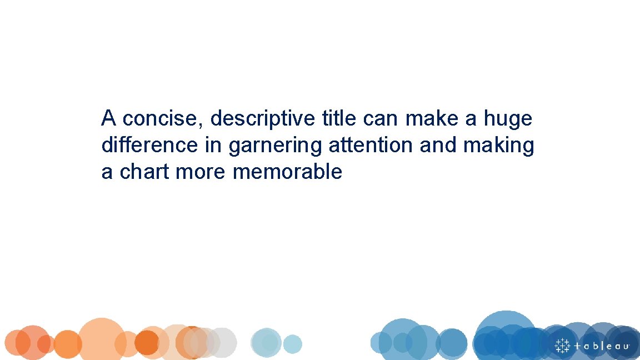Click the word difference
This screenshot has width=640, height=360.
(149, 146)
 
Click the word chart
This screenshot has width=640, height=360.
(145, 172)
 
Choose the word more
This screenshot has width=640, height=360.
(202, 172)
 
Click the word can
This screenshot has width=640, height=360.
(382, 119)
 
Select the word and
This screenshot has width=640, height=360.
(438, 146)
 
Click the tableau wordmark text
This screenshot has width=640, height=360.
(602, 346)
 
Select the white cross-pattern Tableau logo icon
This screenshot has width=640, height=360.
(563, 345)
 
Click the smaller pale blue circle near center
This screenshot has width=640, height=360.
(292, 344)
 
